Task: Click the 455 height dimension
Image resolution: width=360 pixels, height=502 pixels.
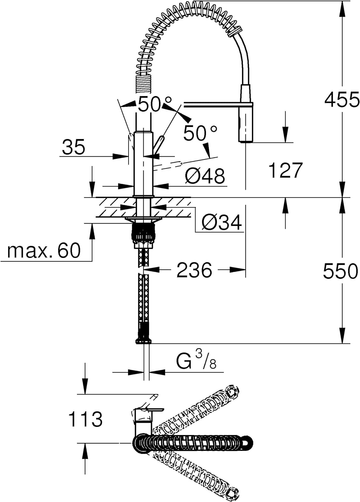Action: point(341,99)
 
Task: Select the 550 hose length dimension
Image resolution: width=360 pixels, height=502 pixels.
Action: point(340,271)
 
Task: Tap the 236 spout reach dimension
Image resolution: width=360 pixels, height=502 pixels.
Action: point(194,270)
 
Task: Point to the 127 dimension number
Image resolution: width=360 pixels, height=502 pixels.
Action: point(285,170)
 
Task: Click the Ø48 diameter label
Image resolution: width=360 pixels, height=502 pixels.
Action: point(205,176)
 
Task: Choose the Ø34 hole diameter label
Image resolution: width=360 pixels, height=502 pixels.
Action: point(222,223)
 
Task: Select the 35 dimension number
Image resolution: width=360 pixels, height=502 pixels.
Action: point(74,147)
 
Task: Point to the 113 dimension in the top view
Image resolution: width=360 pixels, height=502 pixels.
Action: point(86,419)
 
